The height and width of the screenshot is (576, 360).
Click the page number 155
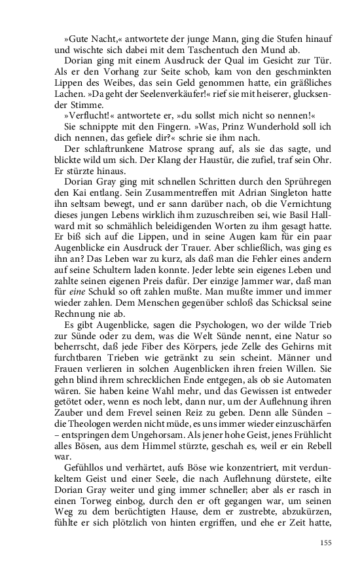click(x=326, y=542)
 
